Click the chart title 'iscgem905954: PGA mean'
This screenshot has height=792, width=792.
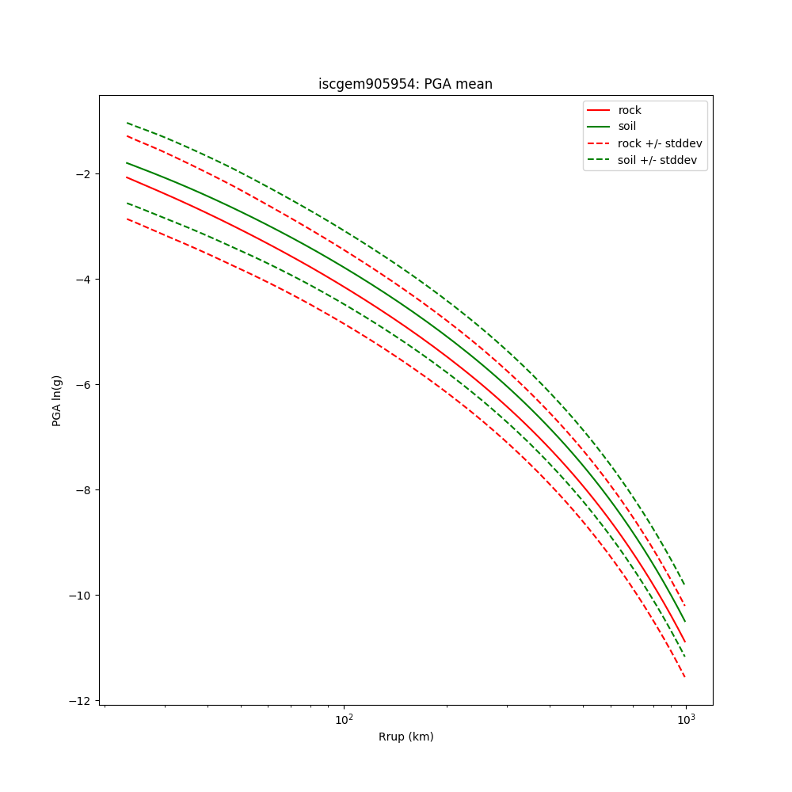click(405, 84)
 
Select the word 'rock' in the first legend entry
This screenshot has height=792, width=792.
click(630, 110)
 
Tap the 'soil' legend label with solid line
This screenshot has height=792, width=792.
click(627, 127)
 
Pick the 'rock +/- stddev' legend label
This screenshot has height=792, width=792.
click(660, 143)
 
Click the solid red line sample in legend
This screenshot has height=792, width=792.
click(599, 110)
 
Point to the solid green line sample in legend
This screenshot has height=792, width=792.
click(599, 127)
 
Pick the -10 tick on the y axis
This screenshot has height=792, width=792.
click(80, 596)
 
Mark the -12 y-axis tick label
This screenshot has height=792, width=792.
click(80, 701)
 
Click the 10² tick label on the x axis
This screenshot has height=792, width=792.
click(344, 719)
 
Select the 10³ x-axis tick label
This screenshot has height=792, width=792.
click(685, 719)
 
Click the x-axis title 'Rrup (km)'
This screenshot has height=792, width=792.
click(406, 737)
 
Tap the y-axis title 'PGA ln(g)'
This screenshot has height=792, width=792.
click(57, 401)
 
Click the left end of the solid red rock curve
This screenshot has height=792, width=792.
click(127, 177)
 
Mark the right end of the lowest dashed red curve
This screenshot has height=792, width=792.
click(684, 676)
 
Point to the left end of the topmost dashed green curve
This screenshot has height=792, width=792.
click(127, 123)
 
